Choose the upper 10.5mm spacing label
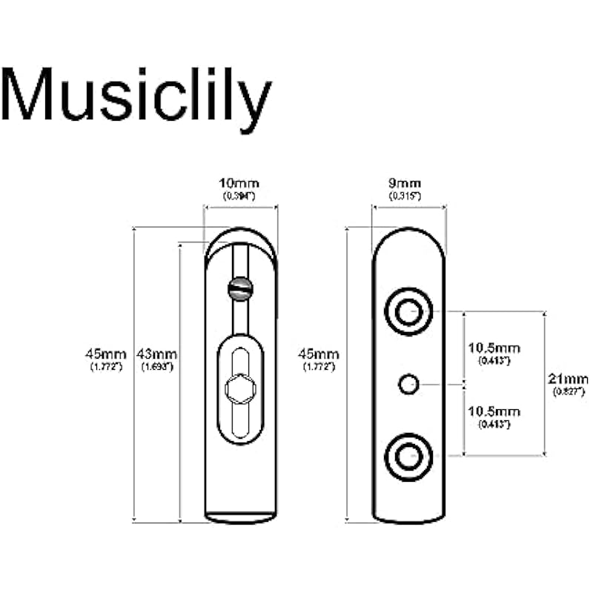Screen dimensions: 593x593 pyautogui.click(x=494, y=348)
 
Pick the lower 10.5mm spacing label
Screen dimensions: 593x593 pyautogui.click(x=494, y=412)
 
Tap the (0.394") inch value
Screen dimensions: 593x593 pyautogui.click(x=239, y=195)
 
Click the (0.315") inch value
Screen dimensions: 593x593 pyautogui.click(x=406, y=195)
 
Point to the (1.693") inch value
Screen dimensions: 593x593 pyautogui.click(x=157, y=366)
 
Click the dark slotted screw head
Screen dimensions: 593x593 pyautogui.click(x=239, y=288)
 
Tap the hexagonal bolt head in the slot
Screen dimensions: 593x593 pyautogui.click(x=239, y=388)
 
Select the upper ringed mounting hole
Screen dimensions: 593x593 pyautogui.click(x=407, y=312)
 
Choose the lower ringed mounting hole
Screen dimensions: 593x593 pyautogui.click(x=407, y=457)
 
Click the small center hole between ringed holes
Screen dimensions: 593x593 pyautogui.click(x=408, y=384)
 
